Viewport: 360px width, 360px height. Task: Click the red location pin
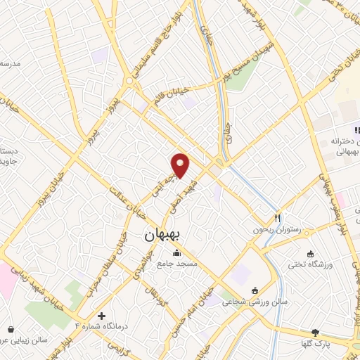181,165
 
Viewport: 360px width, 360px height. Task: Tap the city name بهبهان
162,237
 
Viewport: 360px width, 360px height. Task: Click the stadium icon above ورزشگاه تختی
311,254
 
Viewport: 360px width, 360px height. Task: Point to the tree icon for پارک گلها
316,332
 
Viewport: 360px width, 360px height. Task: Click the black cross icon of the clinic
102,316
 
